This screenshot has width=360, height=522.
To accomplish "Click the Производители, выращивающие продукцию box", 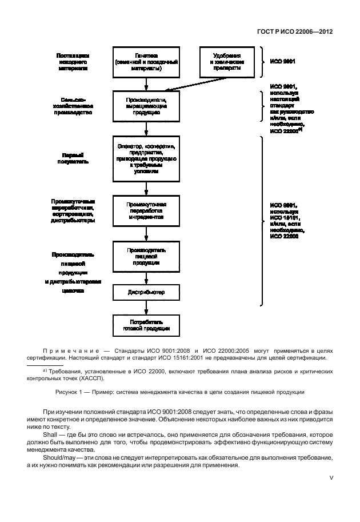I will [147, 105].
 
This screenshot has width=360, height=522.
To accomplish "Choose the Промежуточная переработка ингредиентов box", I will [147, 210].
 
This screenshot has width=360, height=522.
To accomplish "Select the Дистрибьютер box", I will [147, 293].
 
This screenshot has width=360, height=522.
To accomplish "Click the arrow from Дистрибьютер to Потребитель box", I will [147, 308].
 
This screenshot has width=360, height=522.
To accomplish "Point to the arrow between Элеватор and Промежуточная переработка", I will [147, 188].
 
